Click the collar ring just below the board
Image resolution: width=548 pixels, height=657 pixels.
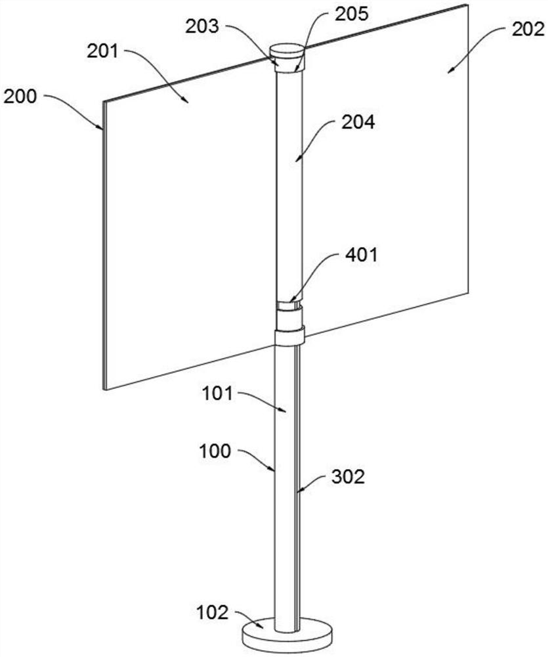tap(289, 338)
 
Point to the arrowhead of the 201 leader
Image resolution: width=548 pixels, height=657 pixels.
tap(188, 102)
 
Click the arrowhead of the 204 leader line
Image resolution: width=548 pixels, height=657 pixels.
tap(297, 160)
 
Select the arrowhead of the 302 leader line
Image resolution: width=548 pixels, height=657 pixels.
tap(299, 491)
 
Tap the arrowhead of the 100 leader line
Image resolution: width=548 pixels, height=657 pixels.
tap(276, 471)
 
